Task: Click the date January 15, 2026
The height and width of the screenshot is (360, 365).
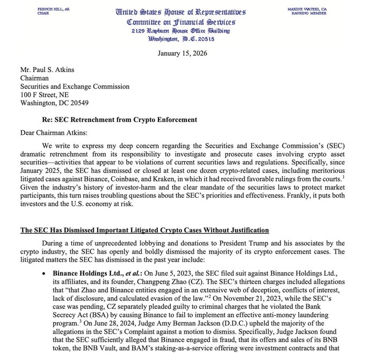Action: pos(182,53)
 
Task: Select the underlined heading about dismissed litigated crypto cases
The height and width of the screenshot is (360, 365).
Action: pos(144,230)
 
